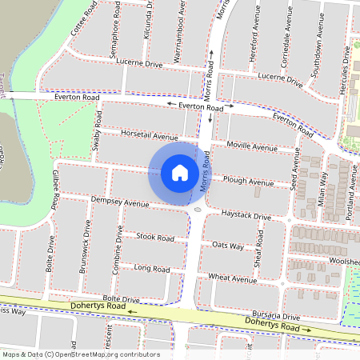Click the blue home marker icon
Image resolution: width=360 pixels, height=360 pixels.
[x=180, y=172]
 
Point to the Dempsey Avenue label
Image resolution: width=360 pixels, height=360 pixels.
[x=120, y=203]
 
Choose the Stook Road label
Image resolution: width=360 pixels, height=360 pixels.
[x=155, y=238]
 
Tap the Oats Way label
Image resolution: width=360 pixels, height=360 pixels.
[x=228, y=246]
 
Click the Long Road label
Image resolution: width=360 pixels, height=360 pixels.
[x=152, y=268]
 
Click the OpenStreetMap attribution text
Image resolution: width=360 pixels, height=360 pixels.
[x=81, y=354]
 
